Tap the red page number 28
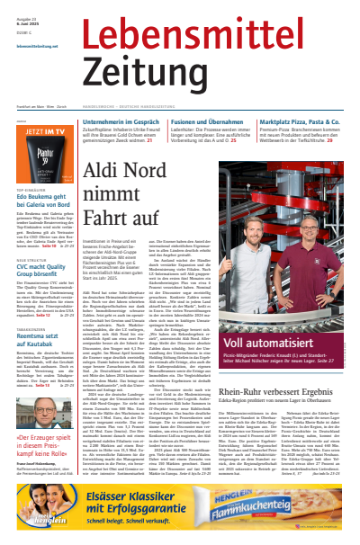click(x=330, y=140)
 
